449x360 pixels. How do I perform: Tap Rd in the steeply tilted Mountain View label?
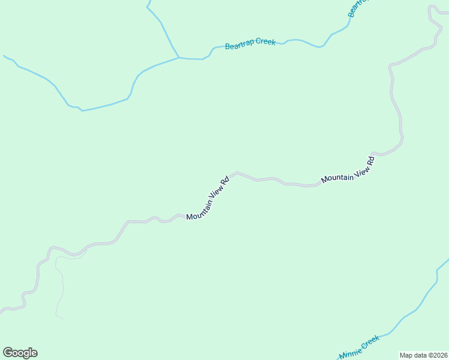point(225,180)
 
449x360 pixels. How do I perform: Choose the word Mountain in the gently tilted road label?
point(337,177)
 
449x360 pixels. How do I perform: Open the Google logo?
point(20,353)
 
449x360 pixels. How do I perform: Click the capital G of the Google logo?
point(8,352)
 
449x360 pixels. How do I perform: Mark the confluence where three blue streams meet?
point(179,58)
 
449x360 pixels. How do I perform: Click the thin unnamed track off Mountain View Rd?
point(61,288)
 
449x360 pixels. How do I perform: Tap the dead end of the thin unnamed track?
point(63,318)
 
